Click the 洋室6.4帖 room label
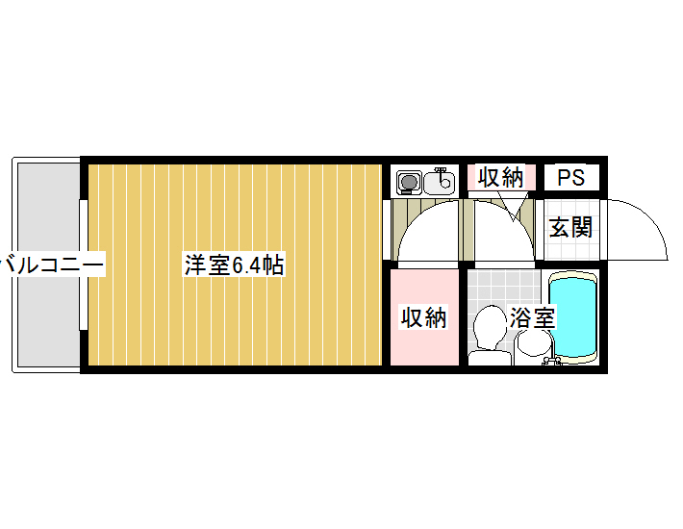pos(235,265)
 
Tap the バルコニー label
pos(52,264)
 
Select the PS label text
pos(571,177)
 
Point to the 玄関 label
pos(570,227)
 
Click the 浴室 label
pos(532,317)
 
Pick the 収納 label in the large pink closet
pos(424,317)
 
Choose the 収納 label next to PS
pos(500,177)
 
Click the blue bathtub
pos(572,317)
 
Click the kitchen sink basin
pos(439,182)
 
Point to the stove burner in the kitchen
pos(409,182)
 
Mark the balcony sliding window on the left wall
pos(83,264)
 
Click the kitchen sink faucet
pos(442,171)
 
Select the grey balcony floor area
pos(49,264)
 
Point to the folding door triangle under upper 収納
pos(513,207)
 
